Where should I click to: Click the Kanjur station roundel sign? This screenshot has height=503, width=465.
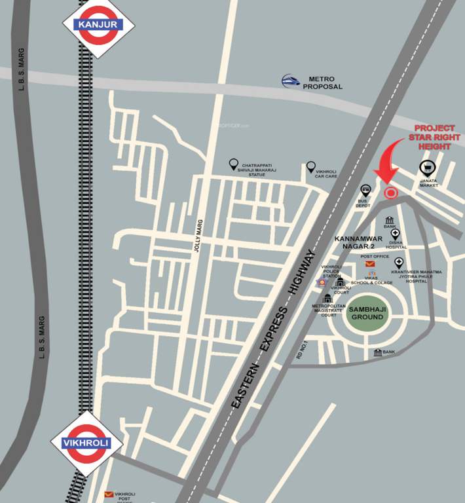(x=98, y=25)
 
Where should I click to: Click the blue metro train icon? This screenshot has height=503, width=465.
(x=292, y=81)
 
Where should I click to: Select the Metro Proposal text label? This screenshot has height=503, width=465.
(x=322, y=82)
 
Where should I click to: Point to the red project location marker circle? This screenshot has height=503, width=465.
(x=390, y=193)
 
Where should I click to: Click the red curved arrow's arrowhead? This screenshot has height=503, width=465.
(x=385, y=177)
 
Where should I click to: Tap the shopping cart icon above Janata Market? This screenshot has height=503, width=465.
(x=426, y=168)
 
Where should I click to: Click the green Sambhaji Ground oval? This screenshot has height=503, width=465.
(x=367, y=312)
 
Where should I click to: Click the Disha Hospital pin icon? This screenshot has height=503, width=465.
(x=395, y=233)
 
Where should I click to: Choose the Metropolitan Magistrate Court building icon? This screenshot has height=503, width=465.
(x=327, y=299)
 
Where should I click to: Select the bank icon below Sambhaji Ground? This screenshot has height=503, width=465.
(x=378, y=352)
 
